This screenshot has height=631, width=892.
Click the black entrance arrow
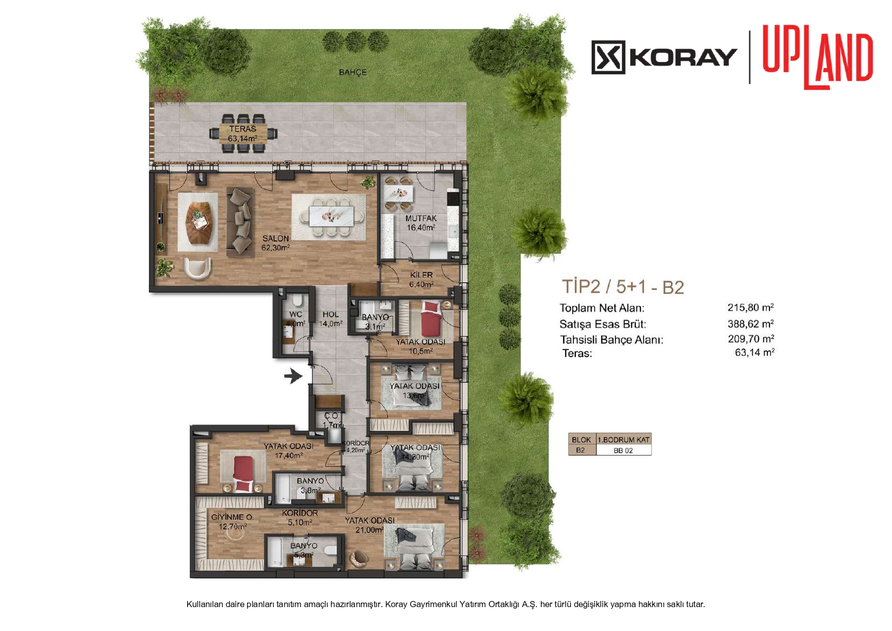293,376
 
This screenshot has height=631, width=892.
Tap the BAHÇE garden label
353,72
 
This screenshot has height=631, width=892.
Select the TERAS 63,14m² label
242,134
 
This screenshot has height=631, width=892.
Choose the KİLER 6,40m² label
421,280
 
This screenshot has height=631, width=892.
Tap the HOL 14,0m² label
330,319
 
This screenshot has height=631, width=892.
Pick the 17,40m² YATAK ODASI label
288,450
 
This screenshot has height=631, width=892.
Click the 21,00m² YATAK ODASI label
370,525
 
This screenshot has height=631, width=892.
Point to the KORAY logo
664,57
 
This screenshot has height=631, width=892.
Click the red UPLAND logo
818,57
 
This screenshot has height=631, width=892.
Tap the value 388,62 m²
751,323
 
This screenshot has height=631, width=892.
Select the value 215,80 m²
751,307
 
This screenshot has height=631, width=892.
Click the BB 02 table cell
623,450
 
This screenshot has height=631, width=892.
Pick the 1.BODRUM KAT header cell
623,440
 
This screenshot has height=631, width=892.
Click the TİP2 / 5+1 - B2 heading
623,287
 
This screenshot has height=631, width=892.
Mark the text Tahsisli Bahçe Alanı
611,340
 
